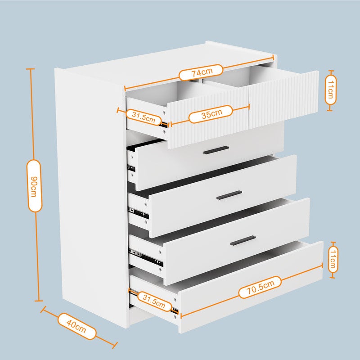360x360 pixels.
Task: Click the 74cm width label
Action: tap(201, 72)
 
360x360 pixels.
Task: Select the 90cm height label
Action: tap(35, 185)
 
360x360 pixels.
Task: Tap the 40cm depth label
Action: tap(77, 326)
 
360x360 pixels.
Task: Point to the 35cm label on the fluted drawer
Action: tap(210, 114)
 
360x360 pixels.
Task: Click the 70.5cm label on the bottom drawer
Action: tap(260, 288)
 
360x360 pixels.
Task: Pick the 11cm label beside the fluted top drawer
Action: tap(330, 90)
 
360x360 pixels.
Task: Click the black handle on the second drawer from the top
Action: tap(216, 150)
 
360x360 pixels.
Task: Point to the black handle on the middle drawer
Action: tap(229, 195)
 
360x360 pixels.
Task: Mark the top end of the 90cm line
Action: tap(30, 69)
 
